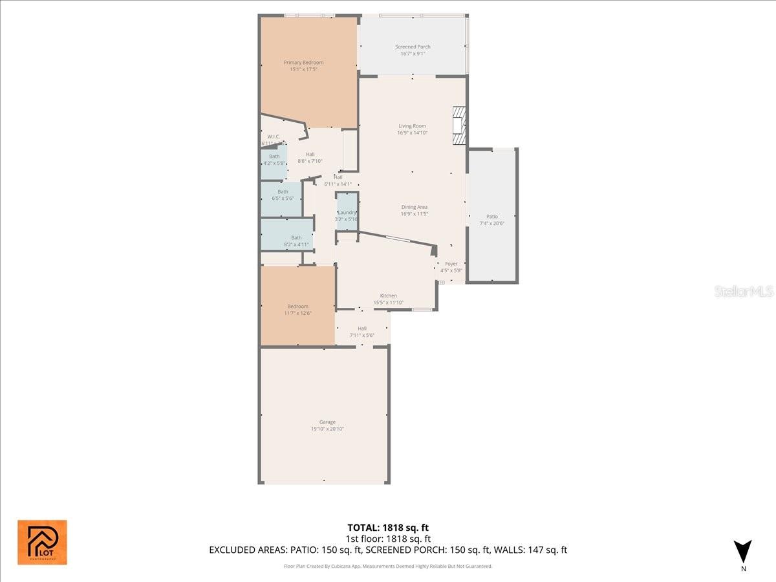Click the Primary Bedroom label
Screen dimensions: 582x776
pos(303,63)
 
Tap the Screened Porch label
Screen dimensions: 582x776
pos(413,47)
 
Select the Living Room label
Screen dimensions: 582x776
pos(412,126)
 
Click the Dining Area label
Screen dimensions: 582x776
pos(414,207)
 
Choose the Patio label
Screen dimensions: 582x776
pos(492,217)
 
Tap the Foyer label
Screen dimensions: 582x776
pos(451,264)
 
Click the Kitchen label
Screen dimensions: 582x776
pos(388,296)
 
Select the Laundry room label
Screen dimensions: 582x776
pos(347,212)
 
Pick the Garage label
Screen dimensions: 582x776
pos(327,422)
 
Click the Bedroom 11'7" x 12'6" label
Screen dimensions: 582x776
pos(297,307)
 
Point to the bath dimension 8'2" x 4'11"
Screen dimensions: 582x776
pos(296,244)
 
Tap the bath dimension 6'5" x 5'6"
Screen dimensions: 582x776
pos(283,198)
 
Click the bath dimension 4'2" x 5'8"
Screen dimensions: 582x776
pos(274,163)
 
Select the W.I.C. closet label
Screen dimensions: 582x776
pos(273,136)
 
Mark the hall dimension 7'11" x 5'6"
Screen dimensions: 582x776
pos(362,335)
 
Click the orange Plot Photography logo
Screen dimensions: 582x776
pos(42,542)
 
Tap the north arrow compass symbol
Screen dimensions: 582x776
pos(743,551)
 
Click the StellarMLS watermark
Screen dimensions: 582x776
pos(743,292)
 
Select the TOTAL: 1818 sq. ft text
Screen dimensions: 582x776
pos(388,527)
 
